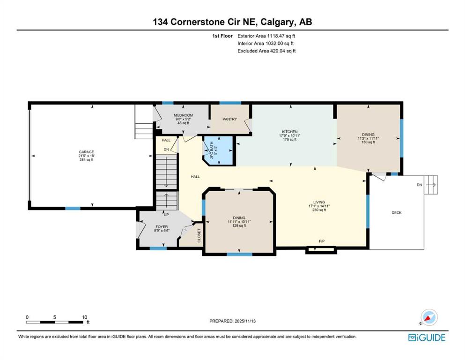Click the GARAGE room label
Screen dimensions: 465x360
(x=86, y=152)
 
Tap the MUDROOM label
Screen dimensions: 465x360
(x=183, y=115)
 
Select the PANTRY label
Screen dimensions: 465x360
(x=230, y=119)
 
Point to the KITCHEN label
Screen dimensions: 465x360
(x=290, y=132)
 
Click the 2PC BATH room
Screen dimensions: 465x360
(x=220, y=150)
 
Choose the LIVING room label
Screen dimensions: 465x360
(x=319, y=202)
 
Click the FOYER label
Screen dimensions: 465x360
(x=162, y=227)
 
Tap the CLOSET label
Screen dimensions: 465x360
(x=199, y=235)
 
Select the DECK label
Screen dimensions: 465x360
(x=397, y=212)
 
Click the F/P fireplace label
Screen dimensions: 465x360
(x=322, y=241)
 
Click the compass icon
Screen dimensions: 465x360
(x=429, y=317)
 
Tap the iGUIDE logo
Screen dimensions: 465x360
(x=427, y=338)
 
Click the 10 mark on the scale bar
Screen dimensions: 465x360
(x=84, y=317)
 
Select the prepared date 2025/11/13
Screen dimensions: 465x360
(x=245, y=321)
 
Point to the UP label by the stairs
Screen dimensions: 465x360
(x=166, y=215)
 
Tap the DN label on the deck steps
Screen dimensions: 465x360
(x=419, y=185)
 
